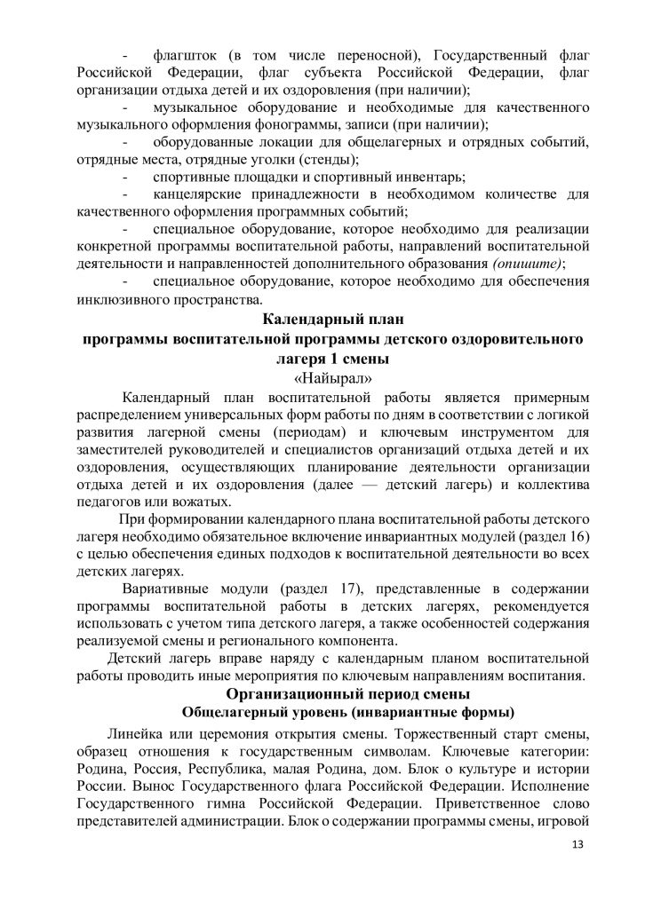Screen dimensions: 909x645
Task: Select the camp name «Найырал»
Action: (322, 377)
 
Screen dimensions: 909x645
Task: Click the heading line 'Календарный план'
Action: (322, 320)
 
